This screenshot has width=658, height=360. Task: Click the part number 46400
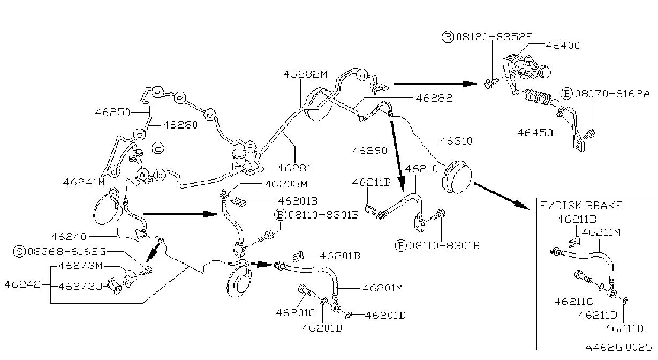point(563,45)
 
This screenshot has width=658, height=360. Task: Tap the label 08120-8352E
point(494,37)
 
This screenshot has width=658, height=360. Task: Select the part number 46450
point(535,132)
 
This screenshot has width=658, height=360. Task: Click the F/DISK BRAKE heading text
point(581,205)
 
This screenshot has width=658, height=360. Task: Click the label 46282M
point(305,74)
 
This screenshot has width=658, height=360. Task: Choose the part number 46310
point(456,141)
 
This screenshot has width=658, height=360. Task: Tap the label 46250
point(112,112)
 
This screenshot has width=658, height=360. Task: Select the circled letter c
point(158,148)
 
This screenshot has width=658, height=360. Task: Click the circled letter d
point(114,171)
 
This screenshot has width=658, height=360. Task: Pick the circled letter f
point(250,147)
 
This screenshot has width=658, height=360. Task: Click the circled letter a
point(142,175)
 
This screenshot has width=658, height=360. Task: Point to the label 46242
point(22,284)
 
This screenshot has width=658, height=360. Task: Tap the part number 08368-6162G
point(66,252)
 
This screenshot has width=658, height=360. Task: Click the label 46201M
point(382,288)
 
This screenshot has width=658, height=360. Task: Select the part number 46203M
point(286,184)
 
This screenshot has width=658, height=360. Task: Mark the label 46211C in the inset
point(574,302)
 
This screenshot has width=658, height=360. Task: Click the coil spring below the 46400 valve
point(538,97)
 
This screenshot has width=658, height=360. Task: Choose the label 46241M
point(84,182)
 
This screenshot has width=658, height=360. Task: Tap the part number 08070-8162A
point(612,94)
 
